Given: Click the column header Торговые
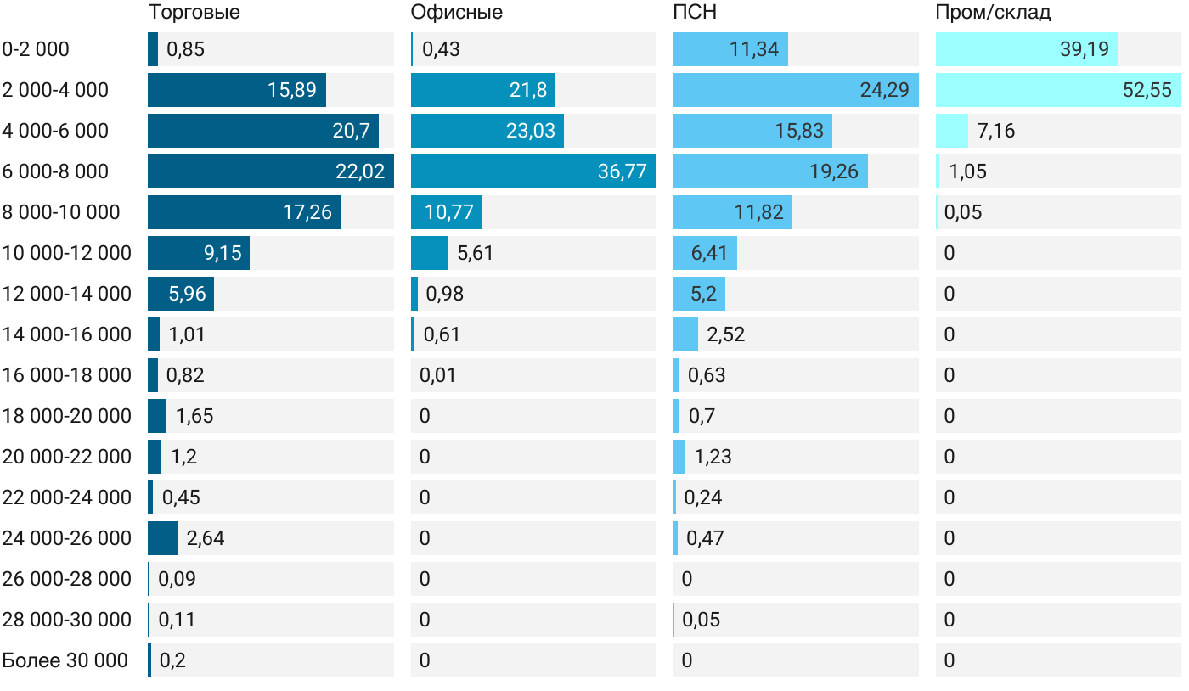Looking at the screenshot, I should [x=194, y=13].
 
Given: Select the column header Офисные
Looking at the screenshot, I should [x=456, y=13].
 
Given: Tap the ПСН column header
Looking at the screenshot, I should [x=695, y=13].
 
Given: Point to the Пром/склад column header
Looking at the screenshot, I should [x=993, y=13].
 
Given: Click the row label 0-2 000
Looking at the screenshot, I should [x=36, y=49].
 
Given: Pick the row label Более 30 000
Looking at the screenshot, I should [x=65, y=660].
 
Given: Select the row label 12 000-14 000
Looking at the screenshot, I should [x=67, y=294].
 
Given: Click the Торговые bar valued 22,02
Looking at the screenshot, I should [x=270, y=171].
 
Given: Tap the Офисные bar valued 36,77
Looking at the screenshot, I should [x=533, y=171].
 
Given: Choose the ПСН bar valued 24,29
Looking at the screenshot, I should [x=795, y=90].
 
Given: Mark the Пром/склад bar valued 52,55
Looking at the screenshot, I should [x=1057, y=90].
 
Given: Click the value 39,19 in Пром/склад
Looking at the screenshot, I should [x=1085, y=49].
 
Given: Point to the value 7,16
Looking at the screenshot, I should [x=996, y=131].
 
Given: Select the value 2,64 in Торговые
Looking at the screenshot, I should [x=206, y=538].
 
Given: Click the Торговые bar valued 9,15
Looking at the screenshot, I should [x=198, y=253].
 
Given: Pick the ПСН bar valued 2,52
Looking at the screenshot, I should [x=685, y=334].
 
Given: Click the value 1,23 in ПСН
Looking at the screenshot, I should [x=713, y=457].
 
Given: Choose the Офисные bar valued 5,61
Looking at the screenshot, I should [x=429, y=253].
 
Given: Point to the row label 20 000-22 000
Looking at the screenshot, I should [x=67, y=457].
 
